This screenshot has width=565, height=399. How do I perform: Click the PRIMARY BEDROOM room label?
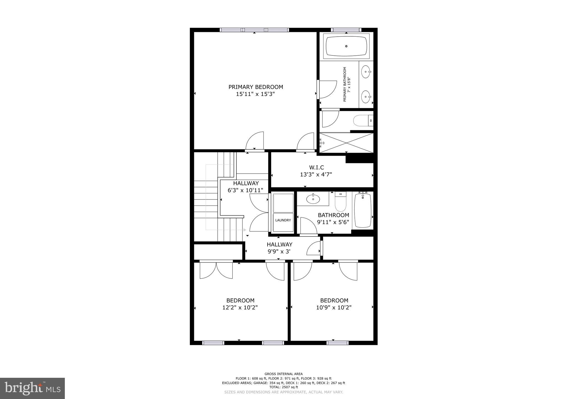click(256, 87)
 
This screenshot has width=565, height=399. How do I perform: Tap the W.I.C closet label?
click(316, 167)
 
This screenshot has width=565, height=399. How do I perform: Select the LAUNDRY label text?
click(283, 220)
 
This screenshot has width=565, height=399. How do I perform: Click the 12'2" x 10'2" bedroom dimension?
click(240, 307)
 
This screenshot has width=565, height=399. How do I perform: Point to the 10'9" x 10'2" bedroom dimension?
click(334, 307)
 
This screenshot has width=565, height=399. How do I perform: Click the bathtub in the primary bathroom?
click(346, 46)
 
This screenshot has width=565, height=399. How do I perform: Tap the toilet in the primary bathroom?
click(363, 120)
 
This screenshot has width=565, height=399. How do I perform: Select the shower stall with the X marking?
click(346, 143)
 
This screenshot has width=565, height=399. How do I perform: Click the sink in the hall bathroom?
click(313, 198)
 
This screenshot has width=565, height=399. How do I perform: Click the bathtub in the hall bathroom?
click(363, 210)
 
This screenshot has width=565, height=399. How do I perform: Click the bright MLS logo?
click(33, 388)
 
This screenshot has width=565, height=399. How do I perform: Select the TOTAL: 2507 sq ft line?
click(284, 387)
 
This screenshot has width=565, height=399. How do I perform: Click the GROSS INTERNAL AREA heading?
click(284, 374)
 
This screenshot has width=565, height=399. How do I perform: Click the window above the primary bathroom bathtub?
click(346, 30)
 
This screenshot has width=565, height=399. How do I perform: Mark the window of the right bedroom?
click(337, 343)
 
